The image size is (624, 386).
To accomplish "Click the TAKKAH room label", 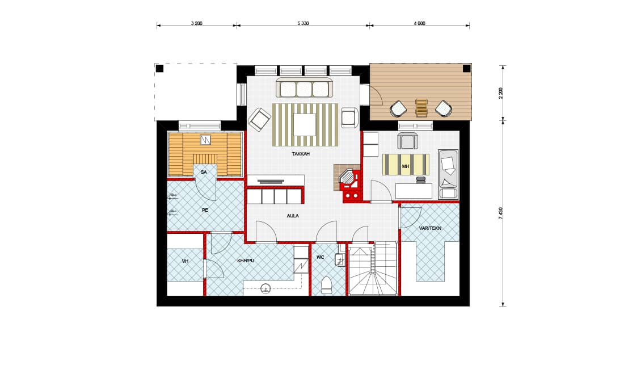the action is [301, 154].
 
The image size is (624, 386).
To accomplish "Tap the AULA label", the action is [293, 216].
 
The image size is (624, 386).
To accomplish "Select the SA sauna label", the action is [204, 172].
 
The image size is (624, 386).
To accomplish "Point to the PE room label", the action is [205, 210].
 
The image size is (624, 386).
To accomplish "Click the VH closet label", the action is [185, 261].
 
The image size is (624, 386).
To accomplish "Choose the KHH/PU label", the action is [246, 261].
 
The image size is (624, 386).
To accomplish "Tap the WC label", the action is [321, 257].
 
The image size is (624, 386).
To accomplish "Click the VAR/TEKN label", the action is [430, 228].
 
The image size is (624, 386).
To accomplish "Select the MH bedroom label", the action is [406, 166].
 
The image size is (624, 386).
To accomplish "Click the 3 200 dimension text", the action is [197, 23].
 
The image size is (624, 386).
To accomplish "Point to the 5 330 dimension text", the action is [303, 23].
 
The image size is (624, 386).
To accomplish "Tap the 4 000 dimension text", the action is [419, 23].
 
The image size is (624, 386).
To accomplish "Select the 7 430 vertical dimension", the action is [501, 213].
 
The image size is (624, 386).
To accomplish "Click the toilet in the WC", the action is [326, 286].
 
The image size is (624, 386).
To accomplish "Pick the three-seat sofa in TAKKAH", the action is [305, 87].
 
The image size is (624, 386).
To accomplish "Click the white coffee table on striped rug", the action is [305, 125].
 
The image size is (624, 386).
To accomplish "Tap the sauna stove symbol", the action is [205, 140].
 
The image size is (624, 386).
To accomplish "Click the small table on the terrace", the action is [421, 107].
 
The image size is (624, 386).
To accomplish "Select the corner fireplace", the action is [348, 178].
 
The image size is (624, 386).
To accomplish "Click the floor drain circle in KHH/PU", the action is [265, 288].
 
